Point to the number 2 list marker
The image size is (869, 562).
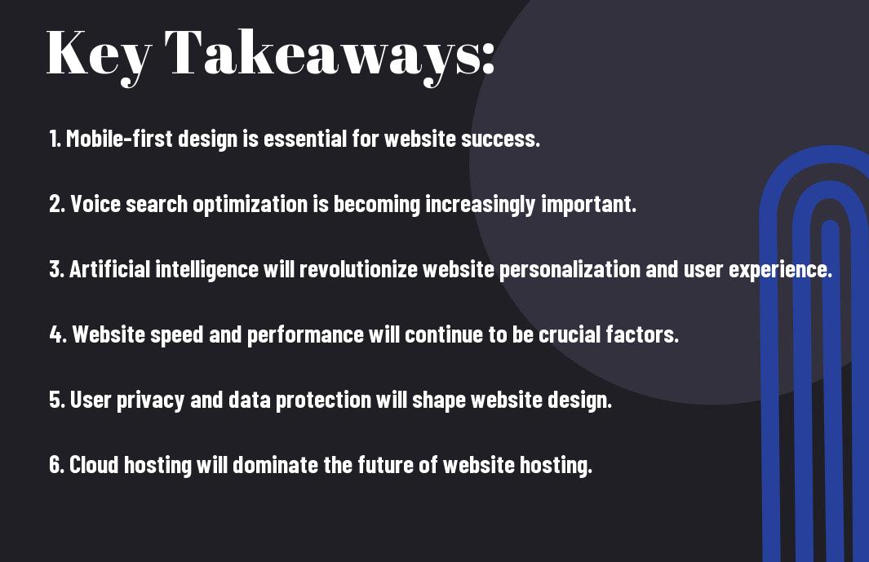point(57,204)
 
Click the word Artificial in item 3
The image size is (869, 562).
point(109,269)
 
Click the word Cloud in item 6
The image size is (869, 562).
point(94,465)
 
